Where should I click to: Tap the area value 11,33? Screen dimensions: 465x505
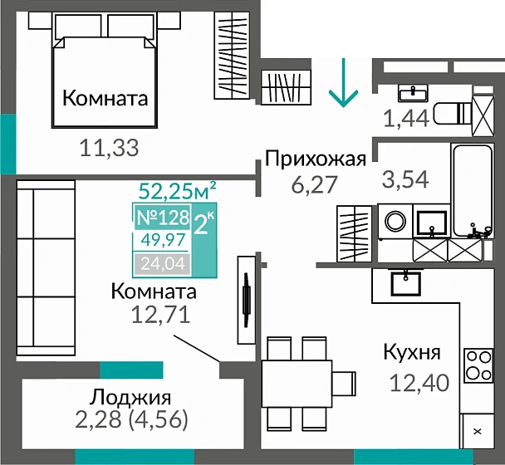tap(108, 148)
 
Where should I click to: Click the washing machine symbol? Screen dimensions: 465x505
tap(397, 222)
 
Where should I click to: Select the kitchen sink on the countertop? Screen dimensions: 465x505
tap(406, 282)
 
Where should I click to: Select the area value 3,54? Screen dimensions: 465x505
tap(404, 178)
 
